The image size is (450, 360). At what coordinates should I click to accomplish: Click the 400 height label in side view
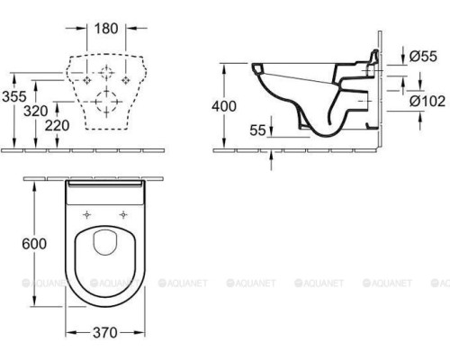point(225,105)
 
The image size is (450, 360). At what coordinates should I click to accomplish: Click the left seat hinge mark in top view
point(87,214)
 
